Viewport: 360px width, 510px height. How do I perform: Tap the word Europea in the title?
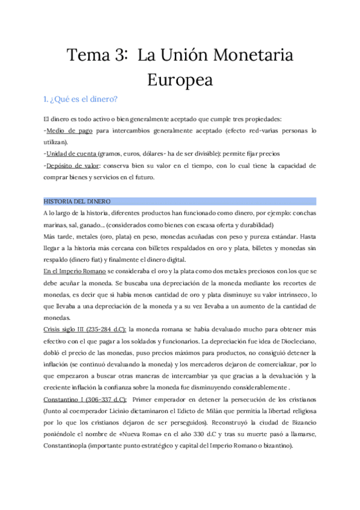point(180,79)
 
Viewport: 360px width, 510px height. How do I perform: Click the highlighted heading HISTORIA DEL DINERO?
point(76,201)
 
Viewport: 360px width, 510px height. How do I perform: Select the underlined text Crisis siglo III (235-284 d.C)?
point(85,330)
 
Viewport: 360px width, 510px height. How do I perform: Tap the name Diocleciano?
point(293,342)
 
